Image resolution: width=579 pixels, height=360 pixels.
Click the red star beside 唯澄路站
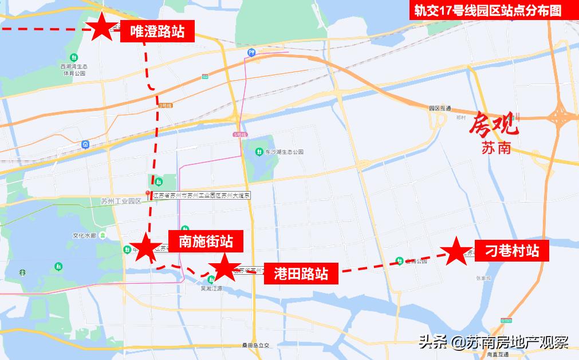102,27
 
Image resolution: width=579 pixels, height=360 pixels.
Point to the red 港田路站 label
301,273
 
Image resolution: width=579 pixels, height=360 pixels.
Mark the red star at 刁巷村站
456,251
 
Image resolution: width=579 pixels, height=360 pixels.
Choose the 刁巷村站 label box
512,251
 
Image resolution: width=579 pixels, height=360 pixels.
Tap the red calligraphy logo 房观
494,124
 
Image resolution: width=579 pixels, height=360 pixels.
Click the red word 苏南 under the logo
495,148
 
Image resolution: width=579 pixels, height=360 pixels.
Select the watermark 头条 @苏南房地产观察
493,342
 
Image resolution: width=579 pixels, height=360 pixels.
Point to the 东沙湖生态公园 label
283,152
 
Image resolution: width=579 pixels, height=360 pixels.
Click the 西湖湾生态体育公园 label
74,70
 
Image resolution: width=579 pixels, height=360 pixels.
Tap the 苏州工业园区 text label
120,201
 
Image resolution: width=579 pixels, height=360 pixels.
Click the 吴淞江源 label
211,289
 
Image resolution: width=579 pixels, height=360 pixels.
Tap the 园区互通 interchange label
440,108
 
